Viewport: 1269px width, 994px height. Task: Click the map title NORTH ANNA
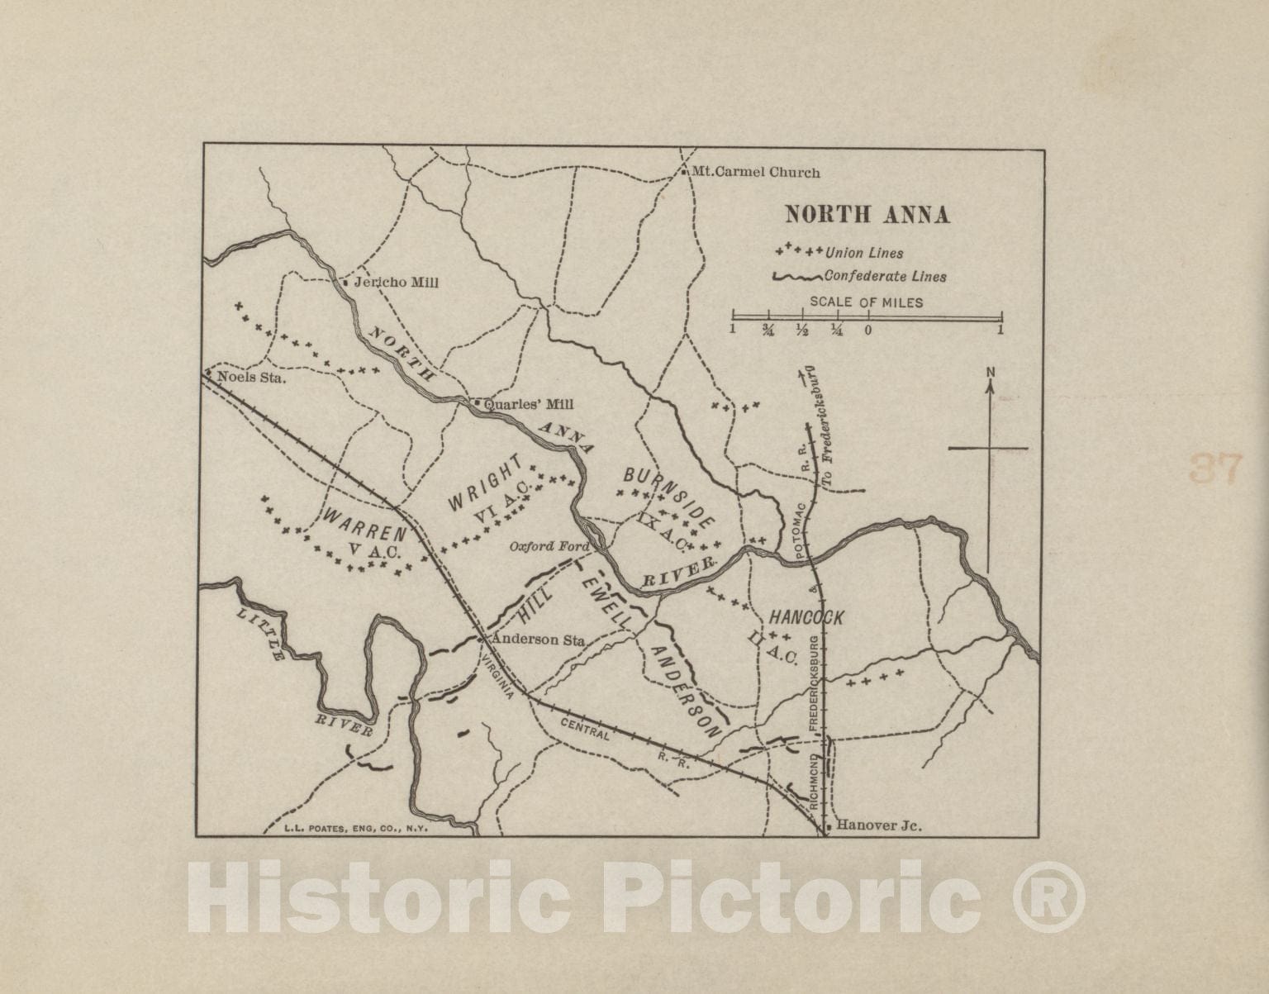click(867, 215)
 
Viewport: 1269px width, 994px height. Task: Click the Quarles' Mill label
click(528, 405)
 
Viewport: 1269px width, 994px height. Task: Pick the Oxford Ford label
click(549, 546)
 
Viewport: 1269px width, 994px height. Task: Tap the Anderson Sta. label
click(538, 640)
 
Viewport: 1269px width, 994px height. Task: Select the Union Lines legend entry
click(864, 253)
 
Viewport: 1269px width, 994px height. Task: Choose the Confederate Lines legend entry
click(885, 277)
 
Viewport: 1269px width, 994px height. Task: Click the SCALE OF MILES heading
click(866, 302)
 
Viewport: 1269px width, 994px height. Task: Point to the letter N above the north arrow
click(990, 373)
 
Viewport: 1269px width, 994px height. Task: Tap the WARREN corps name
click(364, 526)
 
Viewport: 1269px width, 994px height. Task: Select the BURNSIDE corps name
click(668, 497)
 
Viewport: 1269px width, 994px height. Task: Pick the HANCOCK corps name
click(806, 617)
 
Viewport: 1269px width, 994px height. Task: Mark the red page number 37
click(1215, 468)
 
